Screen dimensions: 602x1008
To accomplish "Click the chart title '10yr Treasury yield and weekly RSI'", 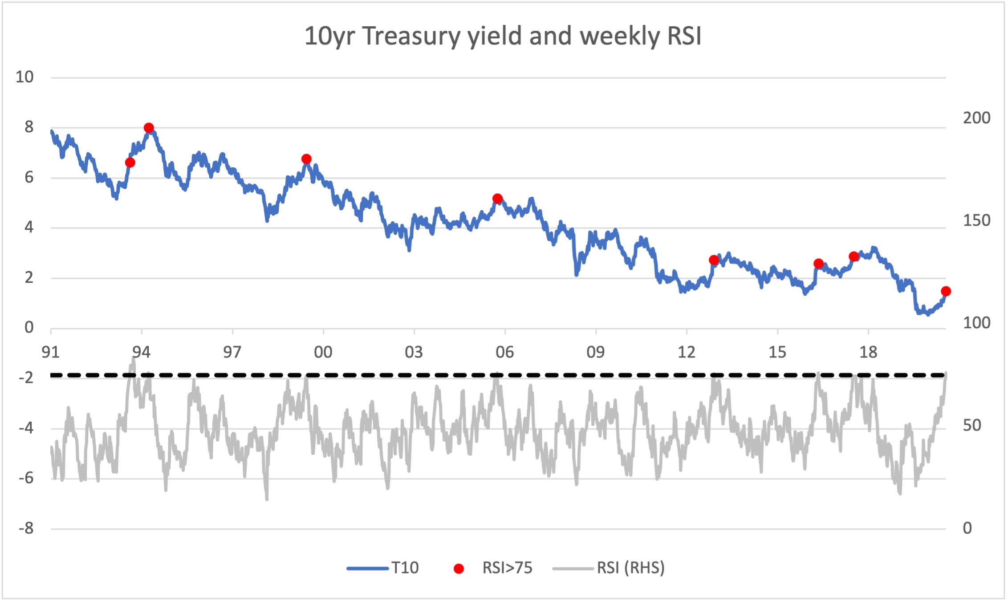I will coord(503,36).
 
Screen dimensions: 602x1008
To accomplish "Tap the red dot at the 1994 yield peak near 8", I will coord(149,128).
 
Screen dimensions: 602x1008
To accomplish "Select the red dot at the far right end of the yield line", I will coord(946,291).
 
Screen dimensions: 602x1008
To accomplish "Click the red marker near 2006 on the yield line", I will coord(498,199).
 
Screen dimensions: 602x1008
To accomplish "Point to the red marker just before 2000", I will coord(306,159).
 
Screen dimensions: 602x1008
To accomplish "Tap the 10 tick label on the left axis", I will coord(24,77).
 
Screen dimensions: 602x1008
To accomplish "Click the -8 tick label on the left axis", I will coord(26,529).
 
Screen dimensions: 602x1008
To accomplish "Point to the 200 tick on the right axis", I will coord(976,118).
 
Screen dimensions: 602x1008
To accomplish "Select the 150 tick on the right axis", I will coord(976,220).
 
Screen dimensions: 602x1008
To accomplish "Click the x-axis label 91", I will coord(50,352).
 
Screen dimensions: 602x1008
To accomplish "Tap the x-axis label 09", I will coord(595,352).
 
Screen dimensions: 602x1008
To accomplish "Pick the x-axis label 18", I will coord(868,352).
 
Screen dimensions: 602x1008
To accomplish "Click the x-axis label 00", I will coord(323,352).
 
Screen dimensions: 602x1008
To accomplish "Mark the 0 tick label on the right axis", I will coord(967,528).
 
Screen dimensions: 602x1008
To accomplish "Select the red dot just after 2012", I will coord(714,260).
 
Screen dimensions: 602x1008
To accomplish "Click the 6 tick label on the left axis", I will coord(29,177).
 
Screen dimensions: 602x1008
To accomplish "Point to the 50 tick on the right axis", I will coord(972,425).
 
